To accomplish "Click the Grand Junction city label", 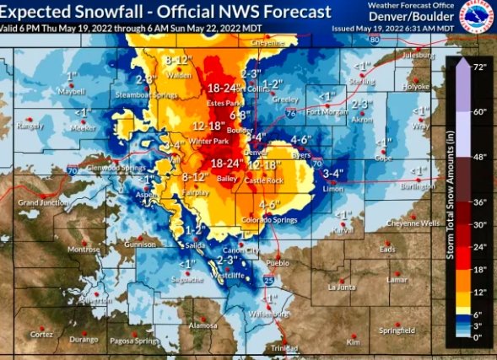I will pyautogui.click(x=41, y=202).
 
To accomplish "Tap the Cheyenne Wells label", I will pyautogui.click(x=413, y=223).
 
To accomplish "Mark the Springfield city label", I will pyautogui.click(x=396, y=330).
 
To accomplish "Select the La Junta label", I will pyautogui.click(x=343, y=287).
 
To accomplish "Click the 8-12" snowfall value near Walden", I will pyautogui.click(x=181, y=61).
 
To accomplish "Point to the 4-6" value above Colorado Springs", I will pyautogui.click(x=269, y=205).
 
